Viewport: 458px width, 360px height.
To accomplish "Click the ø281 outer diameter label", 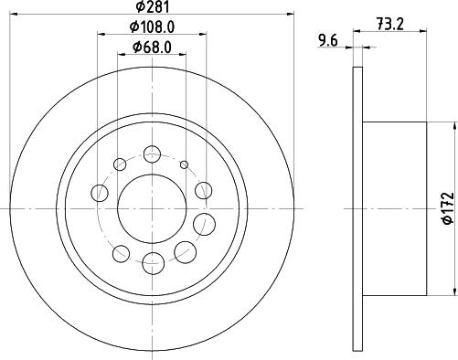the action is click(152, 6).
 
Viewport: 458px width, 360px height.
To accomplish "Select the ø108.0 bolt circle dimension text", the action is click(152, 27).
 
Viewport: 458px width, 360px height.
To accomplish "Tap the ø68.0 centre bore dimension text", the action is click(152, 48).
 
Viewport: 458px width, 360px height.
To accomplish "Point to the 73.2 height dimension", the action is click(390, 24).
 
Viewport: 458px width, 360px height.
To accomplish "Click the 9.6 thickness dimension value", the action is click(328, 40).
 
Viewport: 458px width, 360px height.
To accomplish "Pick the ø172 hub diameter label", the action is click(448, 208).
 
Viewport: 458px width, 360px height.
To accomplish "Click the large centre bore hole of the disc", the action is click(152, 209).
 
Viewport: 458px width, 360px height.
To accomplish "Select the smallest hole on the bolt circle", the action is click(184, 164).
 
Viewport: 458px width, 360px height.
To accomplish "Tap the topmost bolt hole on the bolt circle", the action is click(152, 154).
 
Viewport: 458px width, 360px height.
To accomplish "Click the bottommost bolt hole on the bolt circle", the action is click(154, 263).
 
